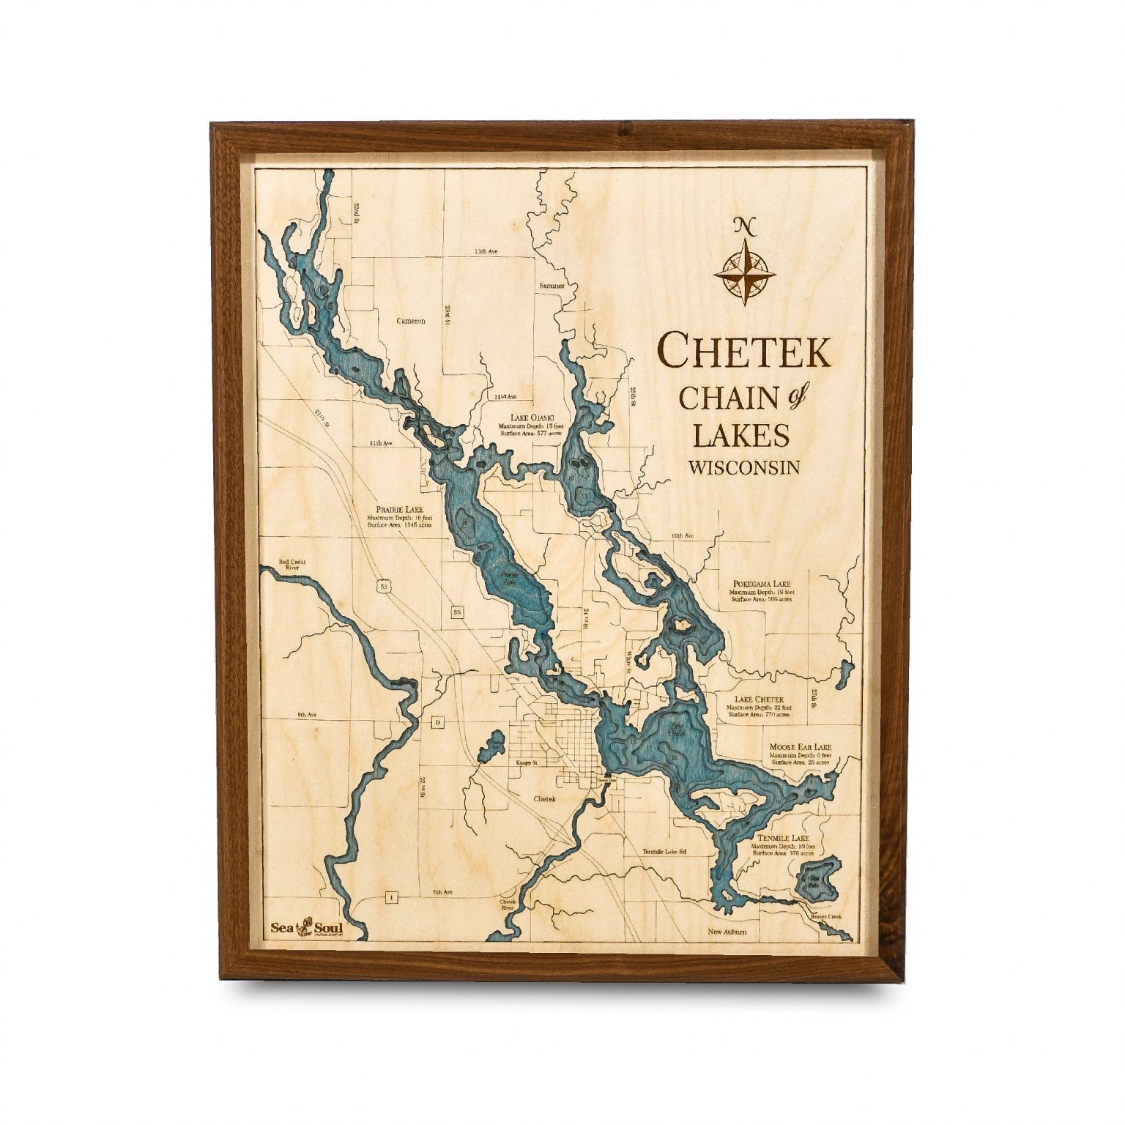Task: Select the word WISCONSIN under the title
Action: click(x=743, y=467)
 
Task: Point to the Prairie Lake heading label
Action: click(x=399, y=510)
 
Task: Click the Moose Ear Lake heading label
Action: click(x=800, y=749)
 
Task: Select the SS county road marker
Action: click(x=458, y=612)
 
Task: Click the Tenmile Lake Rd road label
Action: click(x=666, y=851)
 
